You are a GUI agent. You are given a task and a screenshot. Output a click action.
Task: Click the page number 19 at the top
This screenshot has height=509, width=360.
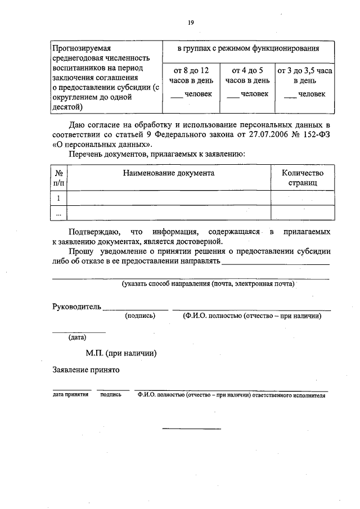191,22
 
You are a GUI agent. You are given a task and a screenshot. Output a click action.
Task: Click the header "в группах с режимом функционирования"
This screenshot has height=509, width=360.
247,50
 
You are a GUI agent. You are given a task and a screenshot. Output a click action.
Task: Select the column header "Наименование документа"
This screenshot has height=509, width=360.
169,173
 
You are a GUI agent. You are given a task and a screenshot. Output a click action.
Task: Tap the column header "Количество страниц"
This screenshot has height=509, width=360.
303,178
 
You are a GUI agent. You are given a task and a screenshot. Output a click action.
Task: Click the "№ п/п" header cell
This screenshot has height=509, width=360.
59,178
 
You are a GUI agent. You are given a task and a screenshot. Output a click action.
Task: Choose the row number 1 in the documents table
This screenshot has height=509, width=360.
59,198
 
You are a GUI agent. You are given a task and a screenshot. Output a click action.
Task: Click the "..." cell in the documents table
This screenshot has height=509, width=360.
59,213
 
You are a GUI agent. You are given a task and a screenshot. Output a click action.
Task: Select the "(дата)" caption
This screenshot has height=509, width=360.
77,337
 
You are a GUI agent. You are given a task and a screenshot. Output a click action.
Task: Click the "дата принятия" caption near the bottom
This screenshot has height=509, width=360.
70,395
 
